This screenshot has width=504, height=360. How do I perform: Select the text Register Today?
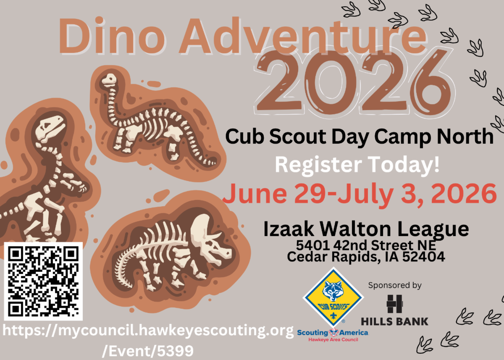coord(357,165)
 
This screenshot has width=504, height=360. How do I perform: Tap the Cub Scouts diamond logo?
coord(333,297)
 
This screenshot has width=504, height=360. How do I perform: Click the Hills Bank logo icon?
coord(394,304)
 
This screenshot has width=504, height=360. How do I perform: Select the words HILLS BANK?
coord(394,321)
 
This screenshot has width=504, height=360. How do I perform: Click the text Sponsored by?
coord(394,286)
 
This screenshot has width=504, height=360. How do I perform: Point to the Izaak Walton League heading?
coord(366,229)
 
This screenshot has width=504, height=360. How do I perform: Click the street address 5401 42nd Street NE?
coord(366,245)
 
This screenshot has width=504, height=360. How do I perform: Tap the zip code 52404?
coord(425,257)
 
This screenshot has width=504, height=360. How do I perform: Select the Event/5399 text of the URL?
coord(147,350)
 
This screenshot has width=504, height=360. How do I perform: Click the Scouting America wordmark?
coord(333,333)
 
